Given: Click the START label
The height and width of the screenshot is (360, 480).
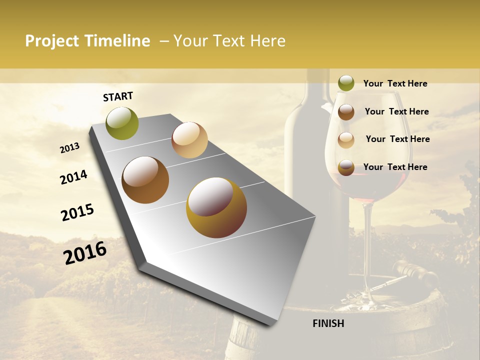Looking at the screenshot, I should point(118,96).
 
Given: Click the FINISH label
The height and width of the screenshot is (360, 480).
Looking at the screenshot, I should point(328,323).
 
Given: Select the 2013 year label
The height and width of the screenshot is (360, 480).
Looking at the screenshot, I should point(69,148).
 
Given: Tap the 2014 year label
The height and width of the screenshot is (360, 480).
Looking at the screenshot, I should point(73,177).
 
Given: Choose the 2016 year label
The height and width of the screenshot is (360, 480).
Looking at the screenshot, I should point(85,253).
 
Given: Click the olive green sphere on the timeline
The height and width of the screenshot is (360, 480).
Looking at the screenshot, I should point(122,123).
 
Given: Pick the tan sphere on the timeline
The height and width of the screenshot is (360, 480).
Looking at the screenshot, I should point(189,140).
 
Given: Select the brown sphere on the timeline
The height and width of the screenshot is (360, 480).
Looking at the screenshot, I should point(145,180).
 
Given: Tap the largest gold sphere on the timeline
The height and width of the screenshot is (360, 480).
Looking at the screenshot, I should point(216,207).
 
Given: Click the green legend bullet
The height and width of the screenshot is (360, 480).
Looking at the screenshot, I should point(346,83).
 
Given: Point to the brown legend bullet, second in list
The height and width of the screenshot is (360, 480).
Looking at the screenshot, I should point(346,112).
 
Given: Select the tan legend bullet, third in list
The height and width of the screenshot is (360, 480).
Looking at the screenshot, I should point(346,140).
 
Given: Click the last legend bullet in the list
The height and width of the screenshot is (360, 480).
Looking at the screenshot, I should point(346,167).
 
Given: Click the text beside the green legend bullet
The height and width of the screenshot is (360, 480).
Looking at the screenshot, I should point(395,83).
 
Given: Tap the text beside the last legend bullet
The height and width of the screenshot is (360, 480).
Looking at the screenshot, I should point(395,167).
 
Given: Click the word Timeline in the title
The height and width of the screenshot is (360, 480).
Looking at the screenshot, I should point(117,41).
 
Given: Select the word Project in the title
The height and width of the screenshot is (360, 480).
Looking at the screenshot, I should point(52,41).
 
